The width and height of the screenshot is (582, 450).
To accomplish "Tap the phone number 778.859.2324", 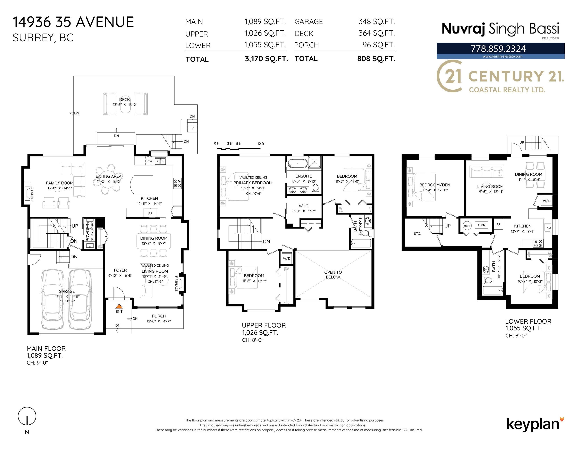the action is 498,48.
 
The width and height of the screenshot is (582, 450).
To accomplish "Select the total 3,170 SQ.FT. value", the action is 266,59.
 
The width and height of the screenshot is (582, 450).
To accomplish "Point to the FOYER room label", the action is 120,270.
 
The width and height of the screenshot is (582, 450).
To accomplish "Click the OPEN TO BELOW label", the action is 333,275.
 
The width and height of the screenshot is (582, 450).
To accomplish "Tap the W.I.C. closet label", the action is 304,206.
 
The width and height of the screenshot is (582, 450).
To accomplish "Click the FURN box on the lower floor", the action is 481,225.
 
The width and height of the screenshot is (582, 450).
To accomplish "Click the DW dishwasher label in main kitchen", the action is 150,161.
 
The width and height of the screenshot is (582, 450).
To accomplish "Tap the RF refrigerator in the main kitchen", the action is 150,213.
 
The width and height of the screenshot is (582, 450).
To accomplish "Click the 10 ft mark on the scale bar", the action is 261,143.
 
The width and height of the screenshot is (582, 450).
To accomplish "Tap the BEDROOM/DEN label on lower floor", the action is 435,185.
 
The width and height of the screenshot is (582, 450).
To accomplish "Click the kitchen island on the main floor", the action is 142,185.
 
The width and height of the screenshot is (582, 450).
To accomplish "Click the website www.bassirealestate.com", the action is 502,56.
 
